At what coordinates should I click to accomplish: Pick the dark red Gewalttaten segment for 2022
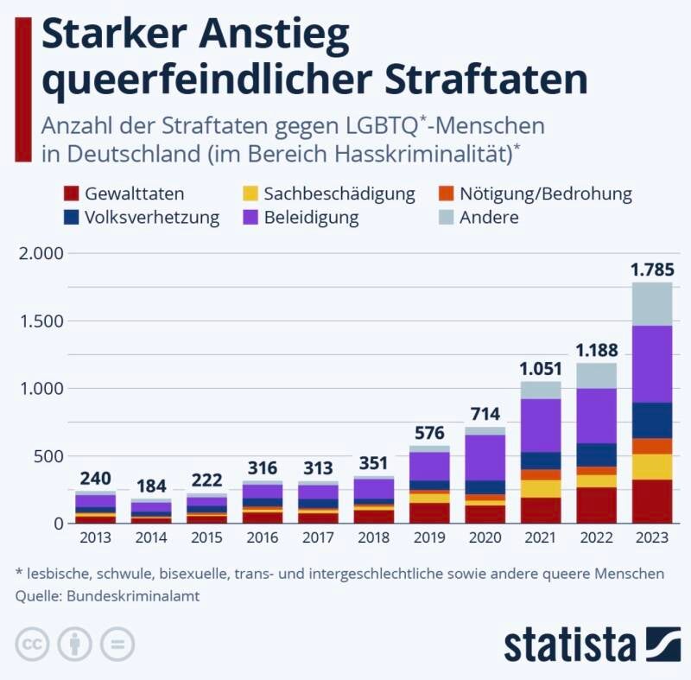[x=595, y=505]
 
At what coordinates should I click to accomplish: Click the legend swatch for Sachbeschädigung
[x=248, y=194]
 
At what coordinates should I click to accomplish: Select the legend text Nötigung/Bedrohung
[x=545, y=194]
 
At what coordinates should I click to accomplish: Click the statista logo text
[x=569, y=645]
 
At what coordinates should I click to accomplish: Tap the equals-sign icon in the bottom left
[x=117, y=645]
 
